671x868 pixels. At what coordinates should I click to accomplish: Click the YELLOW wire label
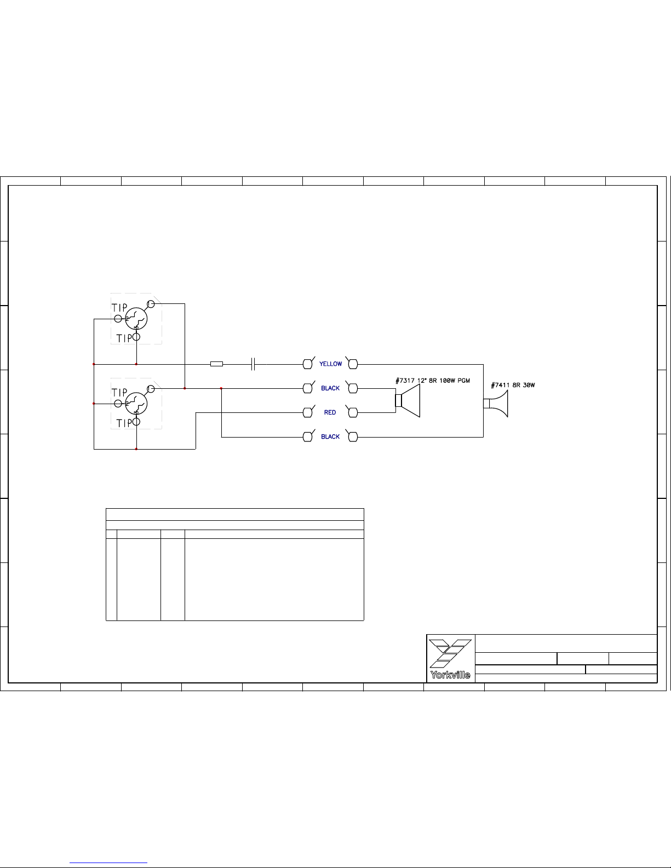pyautogui.click(x=330, y=364)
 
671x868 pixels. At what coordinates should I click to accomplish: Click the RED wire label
pyautogui.click(x=330, y=412)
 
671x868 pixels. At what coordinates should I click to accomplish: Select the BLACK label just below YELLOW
pyautogui.click(x=330, y=388)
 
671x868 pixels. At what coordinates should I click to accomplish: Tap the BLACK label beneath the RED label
pyautogui.click(x=330, y=436)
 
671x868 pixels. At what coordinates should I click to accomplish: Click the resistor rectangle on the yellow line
pyautogui.click(x=216, y=364)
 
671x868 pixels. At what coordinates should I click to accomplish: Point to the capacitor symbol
pyautogui.click(x=253, y=364)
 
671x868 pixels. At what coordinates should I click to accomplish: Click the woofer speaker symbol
pyautogui.click(x=408, y=401)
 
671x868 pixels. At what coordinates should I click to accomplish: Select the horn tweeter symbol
pyautogui.click(x=496, y=404)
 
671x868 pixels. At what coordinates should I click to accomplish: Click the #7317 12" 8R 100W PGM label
pyautogui.click(x=433, y=381)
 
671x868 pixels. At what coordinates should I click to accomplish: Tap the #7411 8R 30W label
pyautogui.click(x=513, y=385)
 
